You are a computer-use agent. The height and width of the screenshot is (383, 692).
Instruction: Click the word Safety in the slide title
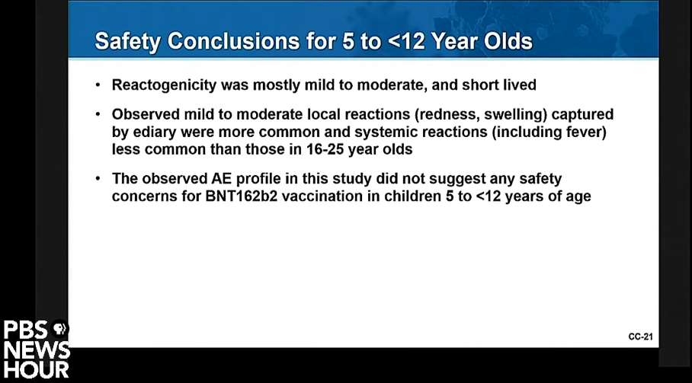128,41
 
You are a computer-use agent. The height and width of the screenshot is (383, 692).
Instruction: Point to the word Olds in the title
508,41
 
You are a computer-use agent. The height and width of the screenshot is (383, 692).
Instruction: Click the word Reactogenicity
164,85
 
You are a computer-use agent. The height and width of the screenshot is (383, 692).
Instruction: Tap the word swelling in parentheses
514,114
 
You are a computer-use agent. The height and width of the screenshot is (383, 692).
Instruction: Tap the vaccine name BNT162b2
242,196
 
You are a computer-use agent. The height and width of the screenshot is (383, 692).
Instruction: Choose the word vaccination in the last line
322,196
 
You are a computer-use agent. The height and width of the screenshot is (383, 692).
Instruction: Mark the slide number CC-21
640,337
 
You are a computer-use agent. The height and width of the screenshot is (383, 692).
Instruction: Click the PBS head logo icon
59,328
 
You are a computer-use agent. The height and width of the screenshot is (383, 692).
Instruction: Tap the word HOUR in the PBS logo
36,370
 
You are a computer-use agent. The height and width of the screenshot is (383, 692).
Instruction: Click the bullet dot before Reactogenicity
98,85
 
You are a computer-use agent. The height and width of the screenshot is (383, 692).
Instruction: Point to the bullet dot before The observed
98,178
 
